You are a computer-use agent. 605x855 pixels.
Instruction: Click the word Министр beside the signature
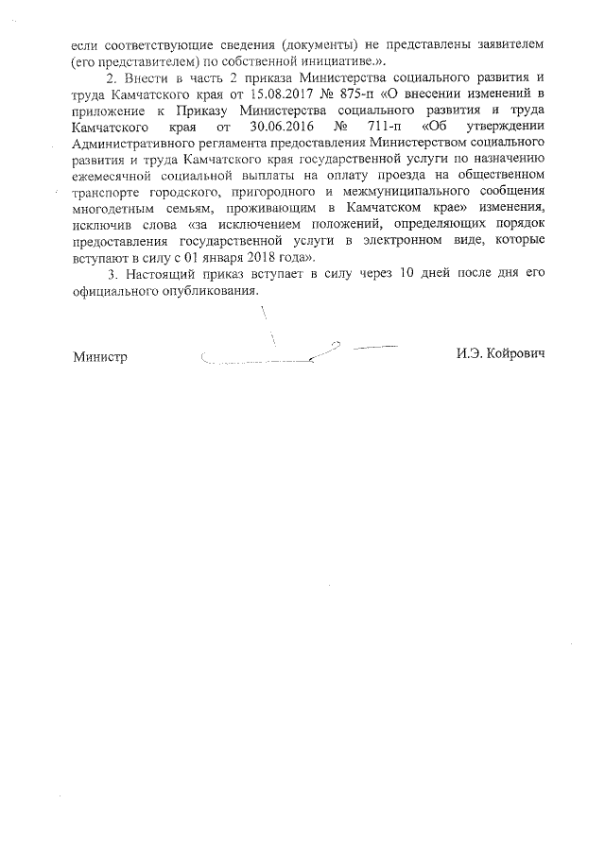[x=101, y=358]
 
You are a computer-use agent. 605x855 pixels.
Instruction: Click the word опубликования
[x=207, y=289]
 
